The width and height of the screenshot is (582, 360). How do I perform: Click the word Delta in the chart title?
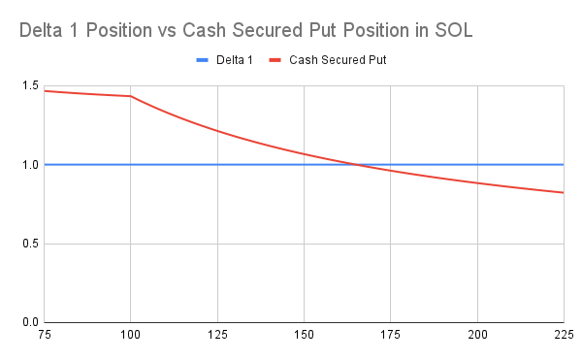41,30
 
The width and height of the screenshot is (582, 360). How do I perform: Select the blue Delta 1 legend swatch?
203,60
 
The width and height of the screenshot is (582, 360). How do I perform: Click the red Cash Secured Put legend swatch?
275,60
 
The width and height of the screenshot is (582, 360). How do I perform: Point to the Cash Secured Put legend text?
338,60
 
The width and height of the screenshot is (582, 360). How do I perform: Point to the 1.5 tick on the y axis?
30,85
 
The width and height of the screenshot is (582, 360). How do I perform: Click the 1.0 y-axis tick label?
30,165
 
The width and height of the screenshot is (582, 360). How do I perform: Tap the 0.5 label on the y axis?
30,244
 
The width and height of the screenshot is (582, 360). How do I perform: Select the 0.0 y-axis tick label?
30,322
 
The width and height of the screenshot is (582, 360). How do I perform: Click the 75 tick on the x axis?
45,335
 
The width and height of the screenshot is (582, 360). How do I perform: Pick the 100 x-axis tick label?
130,335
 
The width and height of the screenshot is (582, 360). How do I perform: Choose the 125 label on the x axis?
217,335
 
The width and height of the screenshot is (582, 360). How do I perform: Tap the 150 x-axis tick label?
304,335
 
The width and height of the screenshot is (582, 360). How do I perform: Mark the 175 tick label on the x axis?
391,335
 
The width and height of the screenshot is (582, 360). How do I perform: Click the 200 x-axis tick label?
477,335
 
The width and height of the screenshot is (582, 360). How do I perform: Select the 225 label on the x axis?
565,335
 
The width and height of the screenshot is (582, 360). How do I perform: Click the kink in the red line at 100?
131,96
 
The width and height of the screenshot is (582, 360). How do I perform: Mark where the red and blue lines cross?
358,164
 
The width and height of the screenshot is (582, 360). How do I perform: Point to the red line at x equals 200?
477,183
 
